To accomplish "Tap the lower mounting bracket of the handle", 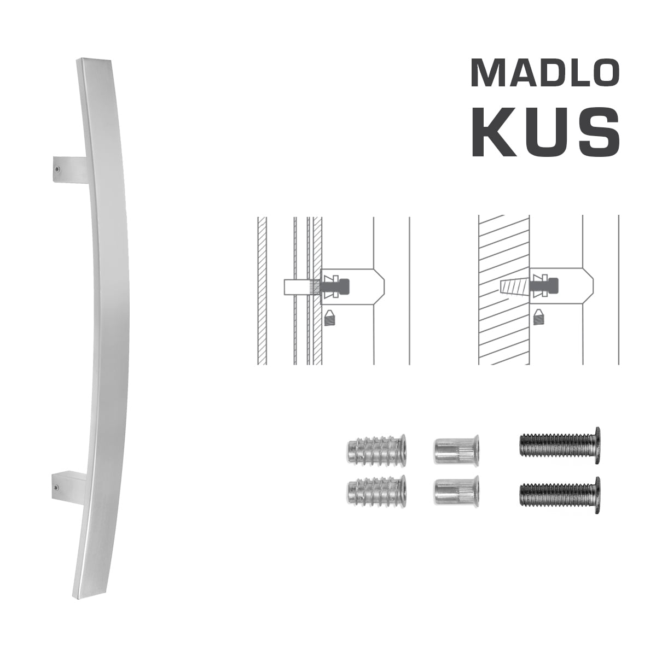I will coord(70,484).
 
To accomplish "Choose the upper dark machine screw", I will coord(558,441).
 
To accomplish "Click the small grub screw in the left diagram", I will coord(329,317).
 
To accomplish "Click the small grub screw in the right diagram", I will coord(540,315).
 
